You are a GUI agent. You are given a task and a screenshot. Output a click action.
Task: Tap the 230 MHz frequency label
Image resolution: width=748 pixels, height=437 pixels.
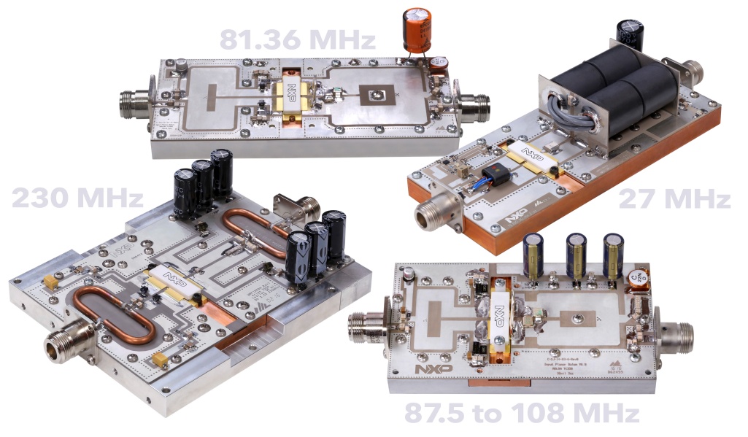pos(77,198)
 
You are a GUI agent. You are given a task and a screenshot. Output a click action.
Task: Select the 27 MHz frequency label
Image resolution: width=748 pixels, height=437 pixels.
pos(674,199)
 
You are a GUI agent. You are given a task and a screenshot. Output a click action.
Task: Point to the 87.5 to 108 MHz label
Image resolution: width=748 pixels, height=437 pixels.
pos(521,414)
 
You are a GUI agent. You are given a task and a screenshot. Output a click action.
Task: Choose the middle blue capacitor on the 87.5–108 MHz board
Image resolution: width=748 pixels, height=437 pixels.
pos(576,255)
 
